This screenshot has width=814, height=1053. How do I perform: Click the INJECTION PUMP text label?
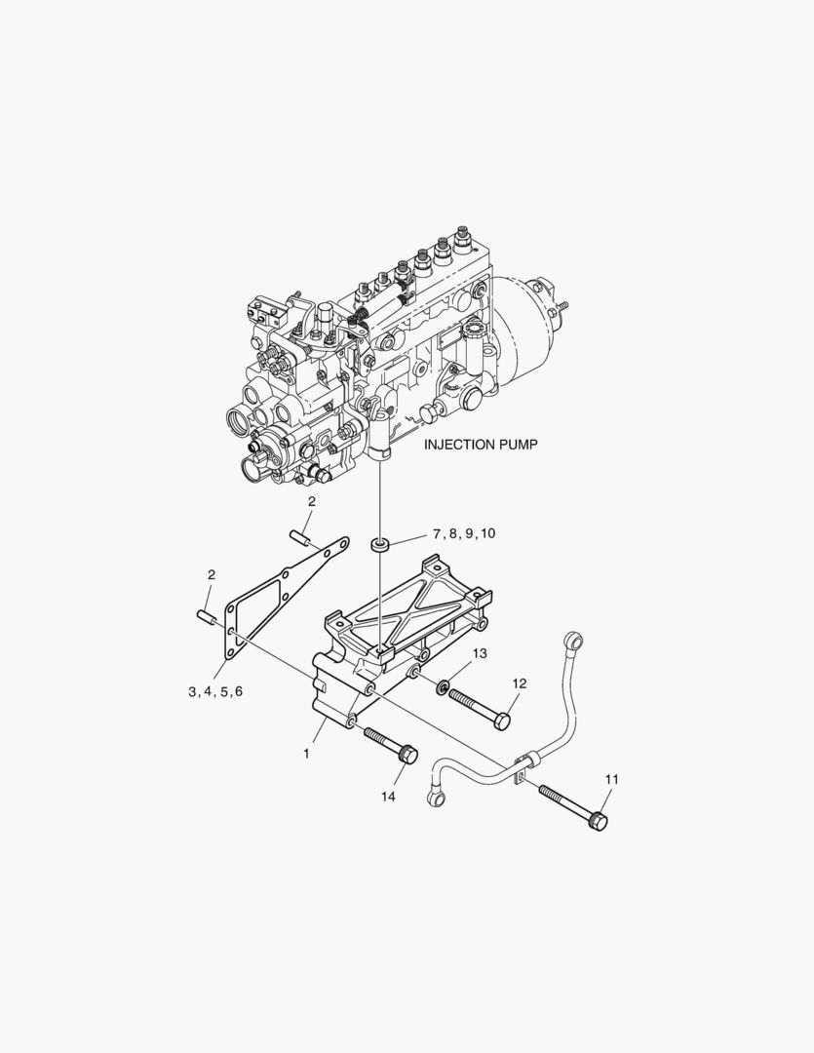click(x=481, y=444)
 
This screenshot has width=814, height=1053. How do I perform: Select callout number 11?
click(x=611, y=779)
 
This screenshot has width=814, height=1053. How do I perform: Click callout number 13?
click(x=480, y=652)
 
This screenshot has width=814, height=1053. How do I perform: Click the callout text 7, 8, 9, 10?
click(x=464, y=533)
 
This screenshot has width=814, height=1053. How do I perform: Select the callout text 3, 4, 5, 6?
click(x=215, y=691)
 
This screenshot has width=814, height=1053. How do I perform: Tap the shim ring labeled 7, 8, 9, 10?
click(x=381, y=542)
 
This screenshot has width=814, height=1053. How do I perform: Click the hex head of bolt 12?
click(x=501, y=721)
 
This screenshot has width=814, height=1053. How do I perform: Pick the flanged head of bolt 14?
click(x=409, y=755)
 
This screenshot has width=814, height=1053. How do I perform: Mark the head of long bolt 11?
click(x=598, y=822)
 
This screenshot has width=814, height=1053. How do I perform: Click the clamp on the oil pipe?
click(x=523, y=765)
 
